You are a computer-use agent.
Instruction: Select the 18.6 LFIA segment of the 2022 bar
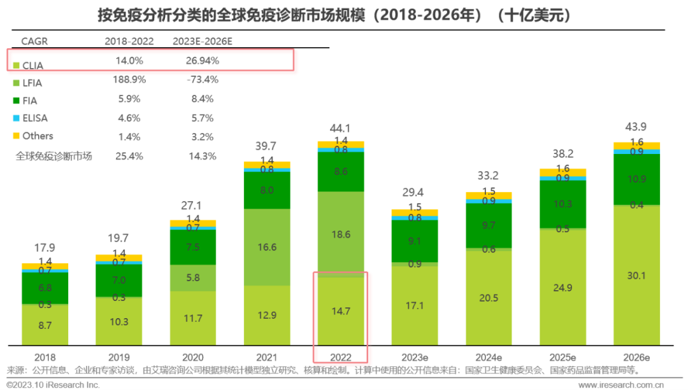[x=341, y=234]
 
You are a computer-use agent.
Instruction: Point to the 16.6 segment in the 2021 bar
[x=268, y=246]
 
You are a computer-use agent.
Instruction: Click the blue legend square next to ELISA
[x=15, y=118]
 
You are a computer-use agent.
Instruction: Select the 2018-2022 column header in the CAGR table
[x=129, y=41]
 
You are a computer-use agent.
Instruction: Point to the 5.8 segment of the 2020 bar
[x=193, y=277]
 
